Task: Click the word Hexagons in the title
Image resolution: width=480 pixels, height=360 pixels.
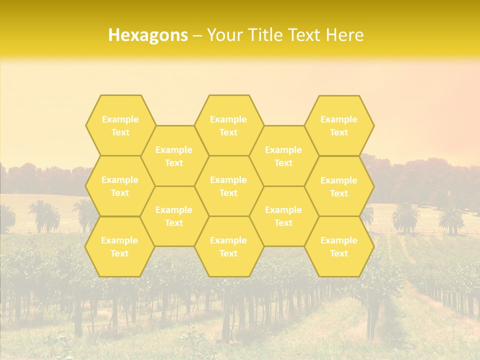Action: pos(148,35)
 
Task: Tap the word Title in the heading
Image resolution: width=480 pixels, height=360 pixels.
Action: pos(263,35)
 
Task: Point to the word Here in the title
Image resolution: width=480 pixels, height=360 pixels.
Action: pos(344,35)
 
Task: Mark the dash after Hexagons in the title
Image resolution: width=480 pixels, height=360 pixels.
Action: pos(197,35)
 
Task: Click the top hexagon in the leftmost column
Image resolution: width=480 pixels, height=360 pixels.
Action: pos(120,125)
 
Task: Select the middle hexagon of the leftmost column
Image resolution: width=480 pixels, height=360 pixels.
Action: pos(120,186)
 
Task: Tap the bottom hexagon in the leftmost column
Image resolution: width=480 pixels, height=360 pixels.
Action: pos(119,246)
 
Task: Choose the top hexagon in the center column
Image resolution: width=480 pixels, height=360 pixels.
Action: pos(228,125)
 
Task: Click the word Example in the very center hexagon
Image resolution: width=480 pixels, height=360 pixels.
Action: pos(228,180)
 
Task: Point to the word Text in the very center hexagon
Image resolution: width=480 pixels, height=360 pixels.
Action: pos(228,193)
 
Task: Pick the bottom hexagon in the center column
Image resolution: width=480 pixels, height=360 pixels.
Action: pos(228,246)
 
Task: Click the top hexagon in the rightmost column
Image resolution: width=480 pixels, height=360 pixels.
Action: pos(339,125)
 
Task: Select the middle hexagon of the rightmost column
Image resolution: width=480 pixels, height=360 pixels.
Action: pos(339,186)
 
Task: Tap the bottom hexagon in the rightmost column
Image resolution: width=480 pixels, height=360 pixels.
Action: pos(339,246)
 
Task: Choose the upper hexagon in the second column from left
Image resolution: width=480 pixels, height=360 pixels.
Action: pos(174,156)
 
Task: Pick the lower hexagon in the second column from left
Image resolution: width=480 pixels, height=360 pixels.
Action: pos(174,216)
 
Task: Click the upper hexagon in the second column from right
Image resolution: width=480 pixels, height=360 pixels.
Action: pos(283,156)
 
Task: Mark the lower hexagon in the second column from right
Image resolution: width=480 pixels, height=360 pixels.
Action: pos(283,216)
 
